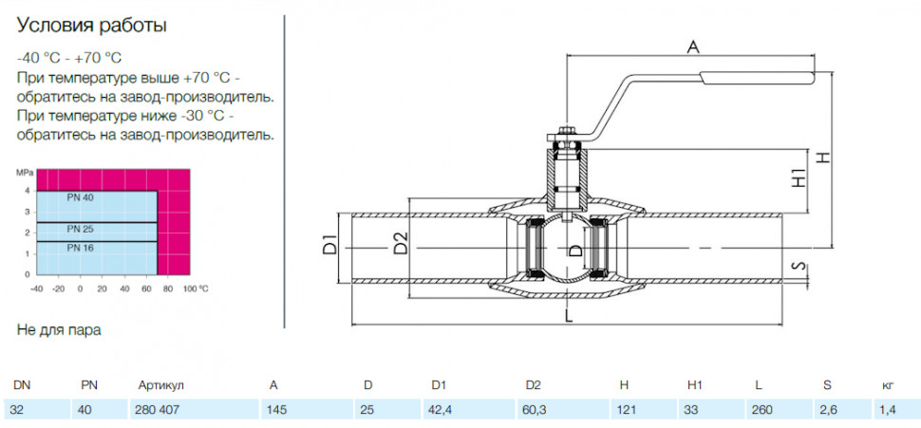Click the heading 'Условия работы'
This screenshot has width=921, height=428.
pos(92,26)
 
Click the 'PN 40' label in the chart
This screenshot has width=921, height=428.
pos(80,197)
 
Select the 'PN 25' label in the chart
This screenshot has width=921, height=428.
pos(80,229)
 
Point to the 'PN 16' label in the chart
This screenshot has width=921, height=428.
pos(80,248)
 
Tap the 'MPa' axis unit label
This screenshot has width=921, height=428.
pos(23,174)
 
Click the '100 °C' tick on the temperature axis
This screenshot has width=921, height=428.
pos(196,288)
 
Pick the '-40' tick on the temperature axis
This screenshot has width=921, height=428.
pos(36,288)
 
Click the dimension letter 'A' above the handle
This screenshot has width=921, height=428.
pos(694,47)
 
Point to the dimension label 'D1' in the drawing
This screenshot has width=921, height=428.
pos(330,245)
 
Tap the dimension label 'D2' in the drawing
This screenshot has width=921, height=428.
pos(401,244)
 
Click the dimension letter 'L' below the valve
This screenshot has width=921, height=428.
pos(568,316)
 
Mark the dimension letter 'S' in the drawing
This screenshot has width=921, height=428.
pos(797,266)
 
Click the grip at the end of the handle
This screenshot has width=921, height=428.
pos(757,78)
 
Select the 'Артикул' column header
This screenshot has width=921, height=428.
pos(161,385)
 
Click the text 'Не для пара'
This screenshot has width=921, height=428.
pos(59,330)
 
